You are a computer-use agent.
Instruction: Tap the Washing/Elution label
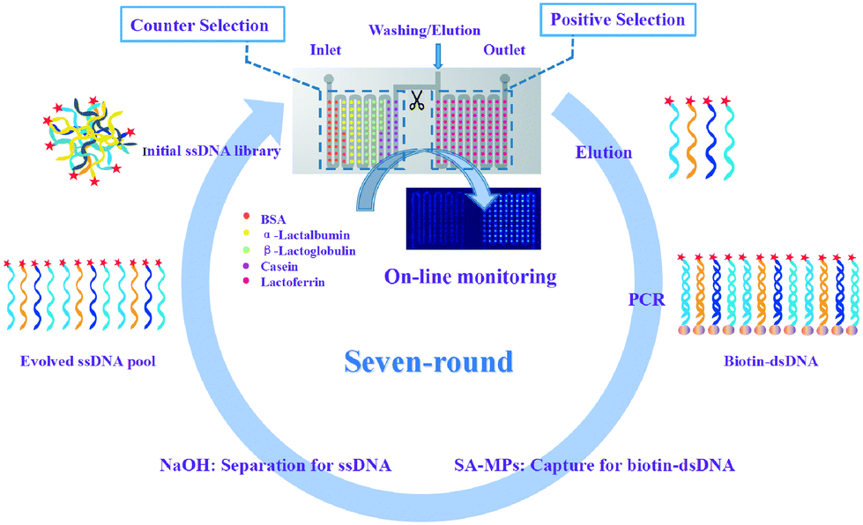(424, 30)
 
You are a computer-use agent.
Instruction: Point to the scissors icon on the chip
(417, 100)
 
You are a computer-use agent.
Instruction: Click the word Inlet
(325, 50)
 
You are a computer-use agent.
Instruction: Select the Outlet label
(504, 50)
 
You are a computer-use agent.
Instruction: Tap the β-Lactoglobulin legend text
(309, 251)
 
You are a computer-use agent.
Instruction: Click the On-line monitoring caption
(471, 277)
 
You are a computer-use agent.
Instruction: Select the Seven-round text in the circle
(428, 361)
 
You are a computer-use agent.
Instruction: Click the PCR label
(647, 300)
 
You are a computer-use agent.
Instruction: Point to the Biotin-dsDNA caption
(770, 361)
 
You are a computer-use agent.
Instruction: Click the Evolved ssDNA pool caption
(88, 361)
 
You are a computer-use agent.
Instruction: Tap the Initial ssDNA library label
(212, 152)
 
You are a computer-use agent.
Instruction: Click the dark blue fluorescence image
(473, 218)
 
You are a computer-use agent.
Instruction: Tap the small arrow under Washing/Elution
(438, 56)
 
